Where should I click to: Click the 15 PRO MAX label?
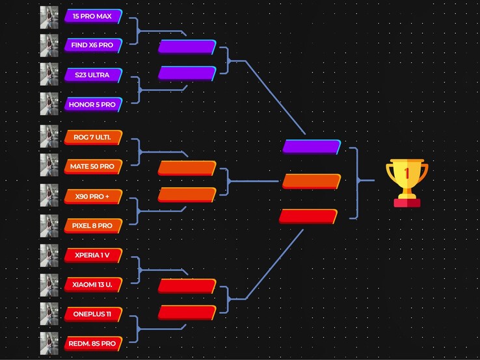(93, 16)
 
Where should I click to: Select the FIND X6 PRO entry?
(93, 45)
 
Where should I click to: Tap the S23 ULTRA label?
(93, 75)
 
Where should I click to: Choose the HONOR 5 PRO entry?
(93, 104)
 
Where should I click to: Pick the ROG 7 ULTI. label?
(93, 137)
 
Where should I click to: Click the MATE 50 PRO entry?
(93, 166)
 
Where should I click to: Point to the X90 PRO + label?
(93, 196)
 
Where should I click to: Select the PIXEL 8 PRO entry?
(93, 225)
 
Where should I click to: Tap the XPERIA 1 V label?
(93, 255)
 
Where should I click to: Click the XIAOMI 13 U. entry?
(93, 284)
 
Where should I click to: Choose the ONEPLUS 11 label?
(93, 314)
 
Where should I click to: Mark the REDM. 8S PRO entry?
(93, 343)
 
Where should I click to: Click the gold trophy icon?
(407, 183)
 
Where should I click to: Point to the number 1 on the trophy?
(407, 174)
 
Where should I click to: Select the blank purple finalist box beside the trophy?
(312, 147)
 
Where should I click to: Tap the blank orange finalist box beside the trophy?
(312, 181)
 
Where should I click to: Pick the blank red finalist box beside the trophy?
(308, 216)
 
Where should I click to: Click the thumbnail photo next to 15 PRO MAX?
(49, 16)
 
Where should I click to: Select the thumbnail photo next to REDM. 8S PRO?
(49, 343)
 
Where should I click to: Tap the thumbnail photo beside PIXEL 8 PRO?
(49, 225)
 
